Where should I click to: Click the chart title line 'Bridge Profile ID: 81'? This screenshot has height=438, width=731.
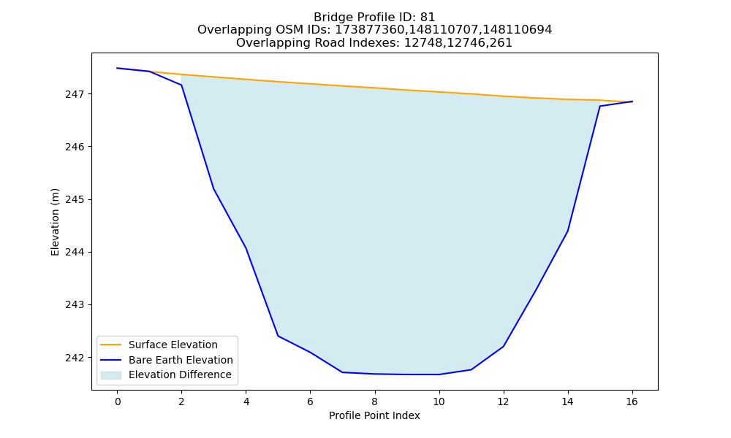(x=374, y=18)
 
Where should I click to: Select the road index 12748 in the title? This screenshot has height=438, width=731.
(x=420, y=43)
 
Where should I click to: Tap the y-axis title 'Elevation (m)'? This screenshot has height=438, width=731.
(x=56, y=222)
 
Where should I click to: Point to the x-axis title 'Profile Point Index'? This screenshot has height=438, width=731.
(x=374, y=415)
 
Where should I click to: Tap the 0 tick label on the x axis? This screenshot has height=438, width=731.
(x=118, y=401)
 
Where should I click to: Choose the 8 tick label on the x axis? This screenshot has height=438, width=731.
(x=375, y=401)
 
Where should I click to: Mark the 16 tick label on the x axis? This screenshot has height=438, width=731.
(x=632, y=401)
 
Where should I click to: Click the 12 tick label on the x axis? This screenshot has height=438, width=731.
(x=503, y=401)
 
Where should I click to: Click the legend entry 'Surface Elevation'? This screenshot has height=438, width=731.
(x=173, y=345)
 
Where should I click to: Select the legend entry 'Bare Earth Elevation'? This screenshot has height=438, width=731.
(x=181, y=360)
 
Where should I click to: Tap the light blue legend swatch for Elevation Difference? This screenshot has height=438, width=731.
(x=111, y=375)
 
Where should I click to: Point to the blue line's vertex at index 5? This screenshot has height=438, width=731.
(x=278, y=336)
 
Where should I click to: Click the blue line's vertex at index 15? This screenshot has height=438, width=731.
(x=599, y=106)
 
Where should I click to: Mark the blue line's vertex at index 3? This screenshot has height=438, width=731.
(x=213, y=188)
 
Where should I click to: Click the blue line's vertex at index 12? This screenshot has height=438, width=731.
(x=503, y=346)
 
